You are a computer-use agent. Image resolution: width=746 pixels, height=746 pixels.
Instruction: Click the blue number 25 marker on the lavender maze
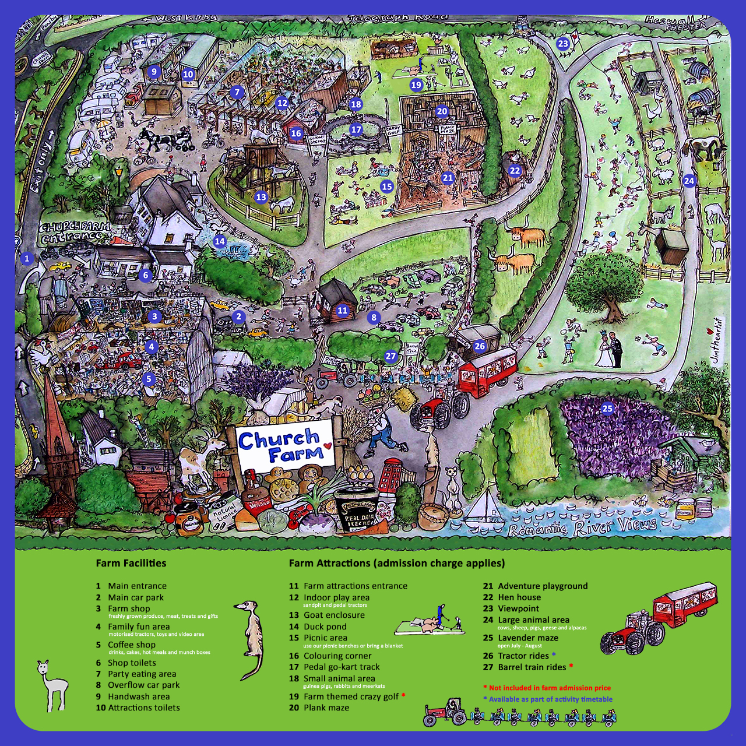[x=607, y=408]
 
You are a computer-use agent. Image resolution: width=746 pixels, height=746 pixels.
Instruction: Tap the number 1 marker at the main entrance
[x=26, y=258]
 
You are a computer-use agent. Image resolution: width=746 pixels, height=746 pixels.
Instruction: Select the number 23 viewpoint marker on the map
[x=562, y=43]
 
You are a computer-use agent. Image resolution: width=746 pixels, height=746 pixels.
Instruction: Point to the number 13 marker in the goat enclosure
[x=261, y=197]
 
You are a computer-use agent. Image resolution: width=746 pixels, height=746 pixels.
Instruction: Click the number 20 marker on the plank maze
[x=442, y=111]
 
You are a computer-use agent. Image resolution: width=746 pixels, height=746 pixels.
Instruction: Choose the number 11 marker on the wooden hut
[x=342, y=310]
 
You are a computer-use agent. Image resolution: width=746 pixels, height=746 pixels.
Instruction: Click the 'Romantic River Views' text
[x=582, y=527]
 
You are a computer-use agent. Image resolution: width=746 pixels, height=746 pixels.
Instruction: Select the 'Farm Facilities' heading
[x=131, y=563]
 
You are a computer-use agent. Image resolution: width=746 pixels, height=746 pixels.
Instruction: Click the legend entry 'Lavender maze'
[x=528, y=638]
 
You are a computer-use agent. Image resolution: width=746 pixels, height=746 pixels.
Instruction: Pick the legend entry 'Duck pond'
[x=325, y=627]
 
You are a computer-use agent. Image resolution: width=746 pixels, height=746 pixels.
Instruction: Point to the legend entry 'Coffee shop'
[x=132, y=645]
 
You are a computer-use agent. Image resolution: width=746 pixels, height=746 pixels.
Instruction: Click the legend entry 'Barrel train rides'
[x=532, y=667]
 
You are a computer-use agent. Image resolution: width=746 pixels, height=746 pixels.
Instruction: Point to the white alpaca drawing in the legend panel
[x=53, y=685]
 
